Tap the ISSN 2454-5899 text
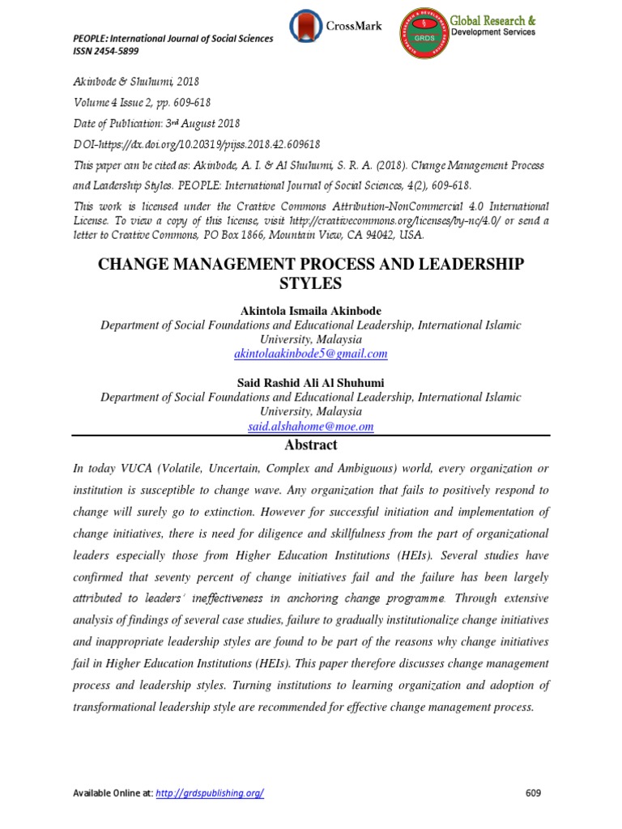point(105,50)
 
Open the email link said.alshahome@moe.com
point(310,426)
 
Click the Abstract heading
point(310,445)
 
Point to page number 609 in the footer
point(533,793)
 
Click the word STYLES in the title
point(310,284)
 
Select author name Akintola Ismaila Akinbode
point(310,311)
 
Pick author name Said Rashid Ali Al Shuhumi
point(310,383)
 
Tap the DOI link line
point(197,144)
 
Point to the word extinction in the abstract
point(256,512)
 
